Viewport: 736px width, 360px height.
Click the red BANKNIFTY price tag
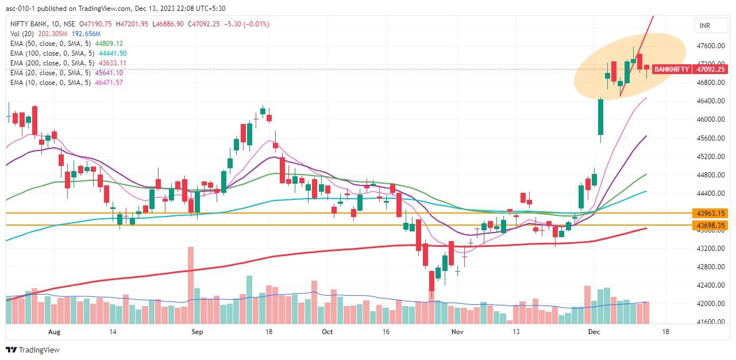[x=671, y=69]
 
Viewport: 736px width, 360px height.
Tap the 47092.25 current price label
[x=711, y=69]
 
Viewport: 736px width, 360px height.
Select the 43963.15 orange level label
[x=711, y=213]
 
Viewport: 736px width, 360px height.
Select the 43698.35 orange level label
[x=711, y=226]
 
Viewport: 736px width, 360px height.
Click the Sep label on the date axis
[x=197, y=332]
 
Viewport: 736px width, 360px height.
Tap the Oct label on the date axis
[x=327, y=332]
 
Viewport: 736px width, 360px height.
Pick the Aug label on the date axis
[x=54, y=332]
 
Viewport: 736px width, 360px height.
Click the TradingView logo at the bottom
[x=33, y=350]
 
